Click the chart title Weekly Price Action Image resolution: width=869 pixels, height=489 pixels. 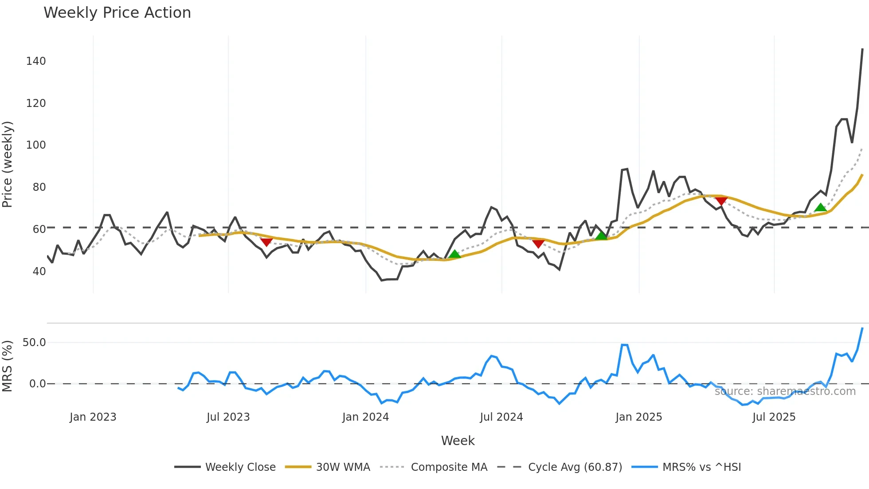[117, 13]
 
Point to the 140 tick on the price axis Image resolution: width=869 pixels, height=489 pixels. [36, 61]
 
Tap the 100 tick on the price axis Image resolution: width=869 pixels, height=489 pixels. [36, 145]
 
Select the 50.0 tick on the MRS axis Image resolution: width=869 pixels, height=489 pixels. [34, 343]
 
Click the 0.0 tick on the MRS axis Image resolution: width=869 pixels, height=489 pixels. [37, 384]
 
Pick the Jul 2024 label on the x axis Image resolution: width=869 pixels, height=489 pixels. [501, 417]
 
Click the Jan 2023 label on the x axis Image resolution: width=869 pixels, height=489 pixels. [93, 417]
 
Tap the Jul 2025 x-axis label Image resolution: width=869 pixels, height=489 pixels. [774, 417]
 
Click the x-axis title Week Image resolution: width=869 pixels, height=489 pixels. [458, 441]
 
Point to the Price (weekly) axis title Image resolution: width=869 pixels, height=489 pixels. [8, 164]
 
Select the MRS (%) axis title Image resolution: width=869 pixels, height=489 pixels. [8, 366]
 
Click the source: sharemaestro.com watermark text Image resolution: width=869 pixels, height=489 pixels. [785, 391]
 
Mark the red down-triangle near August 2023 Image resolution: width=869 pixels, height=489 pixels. [266, 242]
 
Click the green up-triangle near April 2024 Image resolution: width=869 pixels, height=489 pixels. [454, 254]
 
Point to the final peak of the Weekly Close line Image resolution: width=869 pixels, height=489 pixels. [862, 49]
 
